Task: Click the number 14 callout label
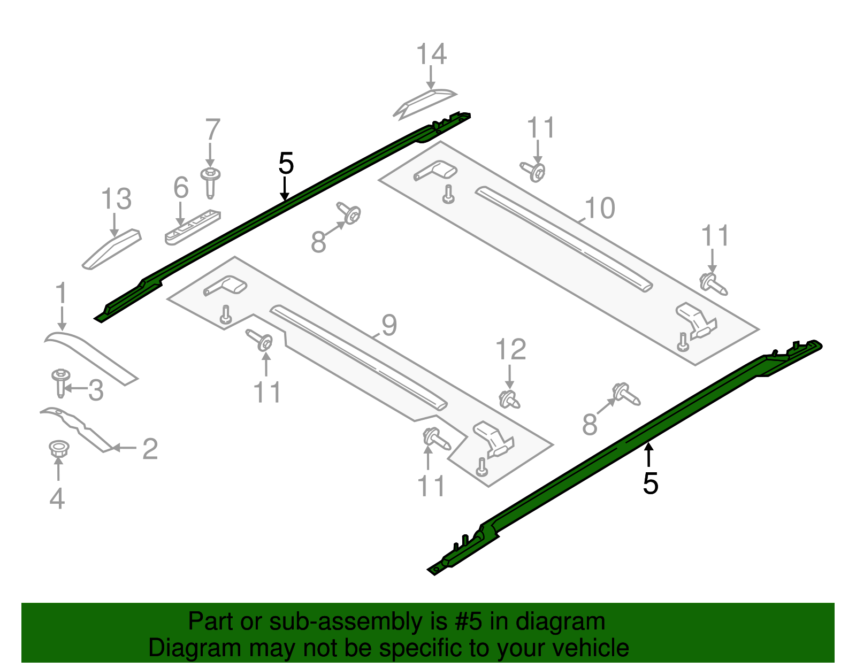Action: pos(431,55)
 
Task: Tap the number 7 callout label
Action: pos(212,130)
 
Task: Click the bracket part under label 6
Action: pos(193,227)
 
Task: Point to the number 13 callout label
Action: pos(116,199)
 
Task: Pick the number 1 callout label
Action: pos(62,294)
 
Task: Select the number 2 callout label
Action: pos(150,449)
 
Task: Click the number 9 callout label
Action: pos(389,325)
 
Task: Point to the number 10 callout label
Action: pos(600,208)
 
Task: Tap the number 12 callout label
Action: pos(510,350)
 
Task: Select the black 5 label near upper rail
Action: pos(286,163)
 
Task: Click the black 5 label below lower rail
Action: pos(650,483)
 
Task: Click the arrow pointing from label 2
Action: pos(124,448)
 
